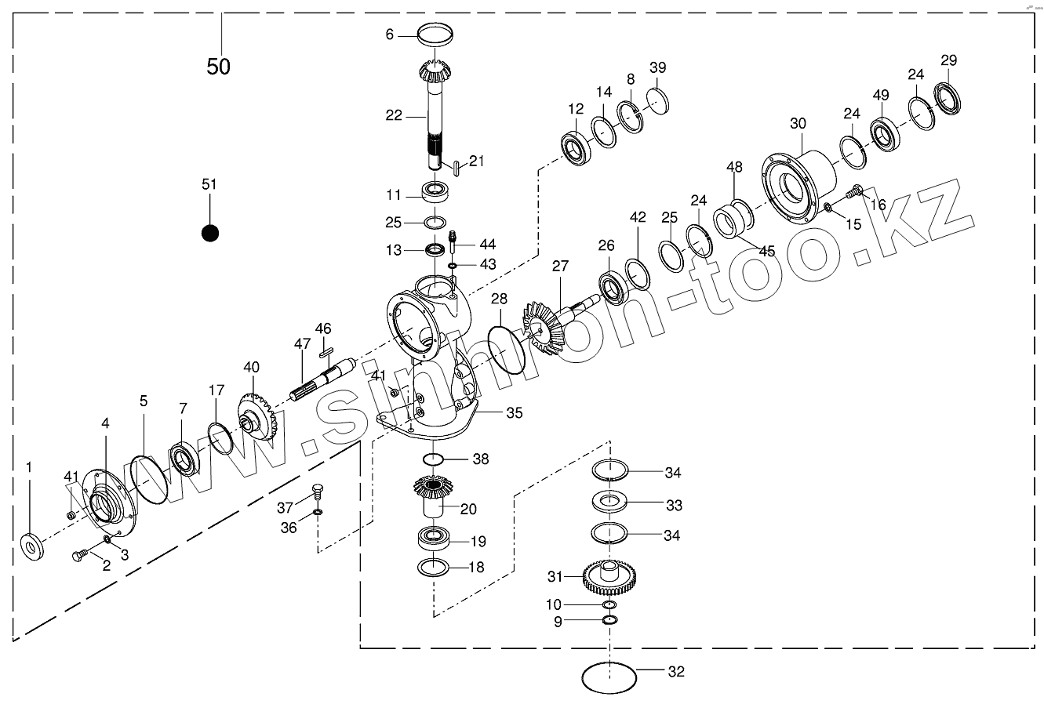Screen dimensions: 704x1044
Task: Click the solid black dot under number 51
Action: (x=209, y=233)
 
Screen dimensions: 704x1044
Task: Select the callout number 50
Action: (x=219, y=67)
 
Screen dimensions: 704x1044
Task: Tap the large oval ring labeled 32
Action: (x=609, y=676)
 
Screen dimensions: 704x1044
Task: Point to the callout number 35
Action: (x=514, y=412)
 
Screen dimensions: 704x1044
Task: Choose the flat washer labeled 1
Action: (x=32, y=544)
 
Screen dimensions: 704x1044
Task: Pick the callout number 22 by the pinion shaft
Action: (x=394, y=115)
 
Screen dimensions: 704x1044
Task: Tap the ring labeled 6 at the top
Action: (x=436, y=35)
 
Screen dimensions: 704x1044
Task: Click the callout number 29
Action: (x=948, y=60)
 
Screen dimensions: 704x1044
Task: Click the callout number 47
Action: (x=303, y=343)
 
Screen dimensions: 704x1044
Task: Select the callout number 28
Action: (x=500, y=299)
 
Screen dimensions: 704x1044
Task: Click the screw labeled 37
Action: (x=318, y=492)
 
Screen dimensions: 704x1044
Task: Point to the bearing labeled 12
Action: (x=577, y=147)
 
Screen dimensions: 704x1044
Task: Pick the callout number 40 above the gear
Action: (x=251, y=367)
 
